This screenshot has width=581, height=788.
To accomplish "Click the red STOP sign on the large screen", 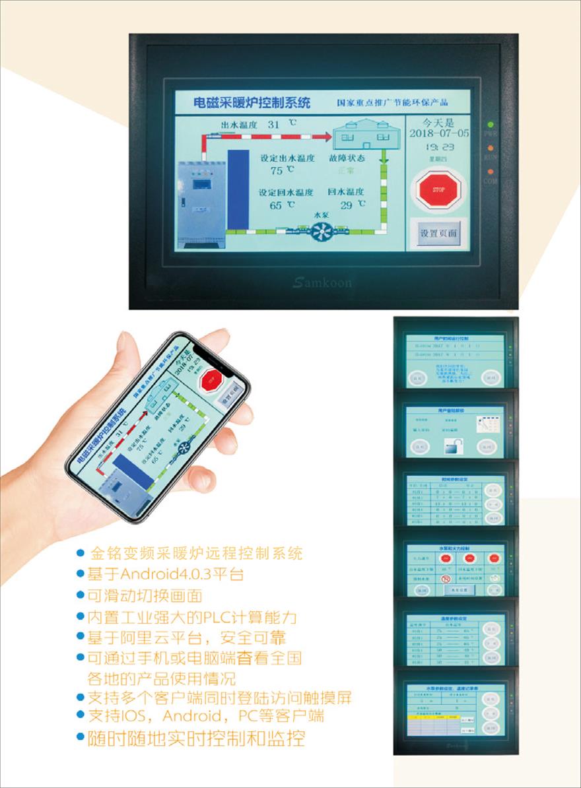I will pos(438,189).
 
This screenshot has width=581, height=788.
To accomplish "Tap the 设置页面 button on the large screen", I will pos(438,234).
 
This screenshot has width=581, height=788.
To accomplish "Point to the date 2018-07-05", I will pos(439,133).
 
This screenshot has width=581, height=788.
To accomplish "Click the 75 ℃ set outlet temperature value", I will pos(277,170).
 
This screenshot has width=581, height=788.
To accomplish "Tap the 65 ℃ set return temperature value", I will pos(277,205).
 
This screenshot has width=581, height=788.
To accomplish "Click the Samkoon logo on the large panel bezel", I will pos(322,282).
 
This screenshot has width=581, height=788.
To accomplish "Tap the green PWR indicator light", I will pos(491,124).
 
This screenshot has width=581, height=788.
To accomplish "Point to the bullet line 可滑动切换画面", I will pos(145,596).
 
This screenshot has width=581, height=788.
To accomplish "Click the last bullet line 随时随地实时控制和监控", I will pos(196,738).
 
